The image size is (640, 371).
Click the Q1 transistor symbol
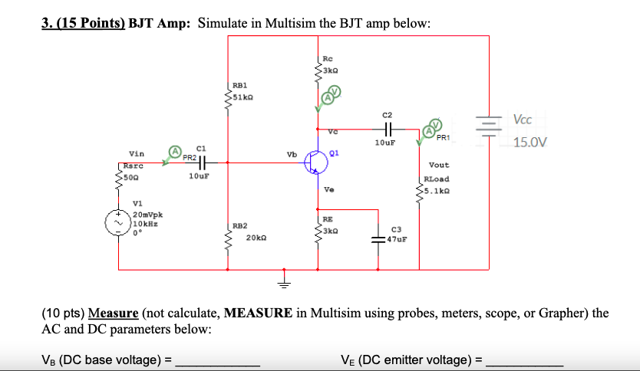pyautogui.click(x=316, y=161)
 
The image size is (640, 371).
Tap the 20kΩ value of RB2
pyautogui.click(x=256, y=238)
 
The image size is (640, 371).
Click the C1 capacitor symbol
pyautogui.click(x=201, y=163)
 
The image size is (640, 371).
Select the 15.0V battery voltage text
pyautogui.click(x=530, y=142)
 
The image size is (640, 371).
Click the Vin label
pyautogui.click(x=137, y=154)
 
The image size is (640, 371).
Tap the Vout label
pyautogui.click(x=439, y=165)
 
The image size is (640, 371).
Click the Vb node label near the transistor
pyautogui.click(x=292, y=154)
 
